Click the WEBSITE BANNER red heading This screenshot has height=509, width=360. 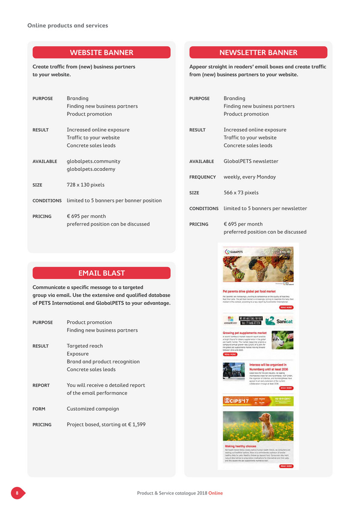[101, 53]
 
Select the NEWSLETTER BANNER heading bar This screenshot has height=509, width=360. [258, 53]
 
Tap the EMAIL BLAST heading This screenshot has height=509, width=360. [101, 273]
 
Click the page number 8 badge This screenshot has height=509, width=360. [18, 493]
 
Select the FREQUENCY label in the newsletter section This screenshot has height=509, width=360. [202, 177]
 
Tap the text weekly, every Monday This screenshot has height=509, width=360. [250, 177]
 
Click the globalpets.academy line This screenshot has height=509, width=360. [91, 169]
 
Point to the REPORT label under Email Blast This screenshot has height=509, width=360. [41, 385]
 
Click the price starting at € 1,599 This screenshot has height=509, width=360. [106, 425]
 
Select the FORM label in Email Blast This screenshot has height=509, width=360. [39, 409]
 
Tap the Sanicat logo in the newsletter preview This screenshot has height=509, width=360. [280, 321]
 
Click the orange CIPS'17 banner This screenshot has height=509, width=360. [258, 401]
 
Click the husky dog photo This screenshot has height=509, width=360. [283, 339]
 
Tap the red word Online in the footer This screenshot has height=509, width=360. [216, 493]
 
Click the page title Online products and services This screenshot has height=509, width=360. [68, 26]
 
